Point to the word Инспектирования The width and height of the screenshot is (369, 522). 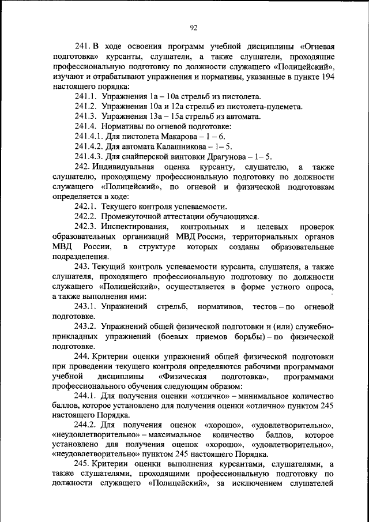[x=138, y=227]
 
